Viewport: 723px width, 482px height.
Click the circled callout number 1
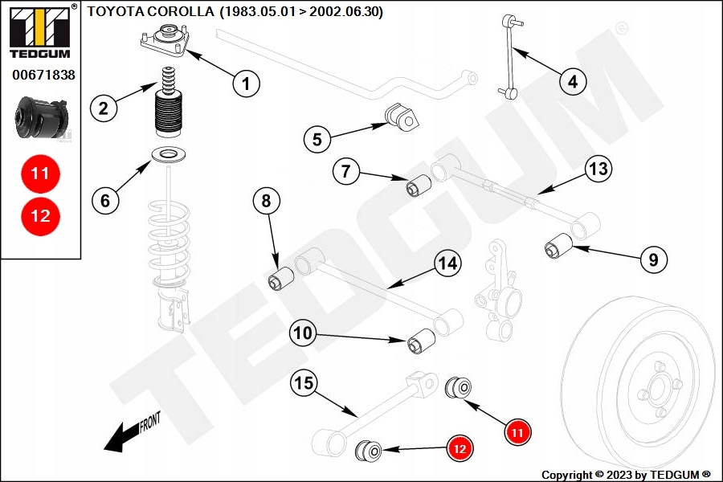point(247,82)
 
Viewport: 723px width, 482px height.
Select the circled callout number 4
point(573,81)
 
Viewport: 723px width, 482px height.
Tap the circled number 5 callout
point(317,139)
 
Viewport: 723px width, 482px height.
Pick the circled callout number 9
point(653,259)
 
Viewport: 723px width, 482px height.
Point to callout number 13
point(598,170)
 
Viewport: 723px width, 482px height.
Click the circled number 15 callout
point(303,383)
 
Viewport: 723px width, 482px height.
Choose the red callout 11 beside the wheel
point(518,432)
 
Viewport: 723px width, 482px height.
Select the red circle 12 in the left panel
point(40,215)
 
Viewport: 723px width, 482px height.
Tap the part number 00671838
point(43,76)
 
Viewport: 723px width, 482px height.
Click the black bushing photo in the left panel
point(42,117)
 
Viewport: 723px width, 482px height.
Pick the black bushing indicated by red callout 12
point(369,450)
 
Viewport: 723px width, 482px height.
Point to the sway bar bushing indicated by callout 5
point(403,116)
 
